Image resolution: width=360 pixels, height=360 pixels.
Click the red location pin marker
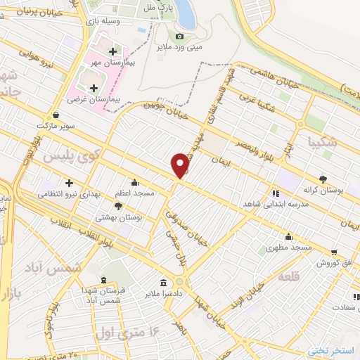pos(181,165)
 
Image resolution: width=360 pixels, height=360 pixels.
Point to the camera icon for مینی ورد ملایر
pos(179,36)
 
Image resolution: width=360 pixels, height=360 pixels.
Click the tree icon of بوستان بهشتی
pos(117,207)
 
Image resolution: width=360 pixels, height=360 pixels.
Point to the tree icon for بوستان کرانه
pos(323,179)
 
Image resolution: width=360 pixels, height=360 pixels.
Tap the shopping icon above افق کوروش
pos(335,251)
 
